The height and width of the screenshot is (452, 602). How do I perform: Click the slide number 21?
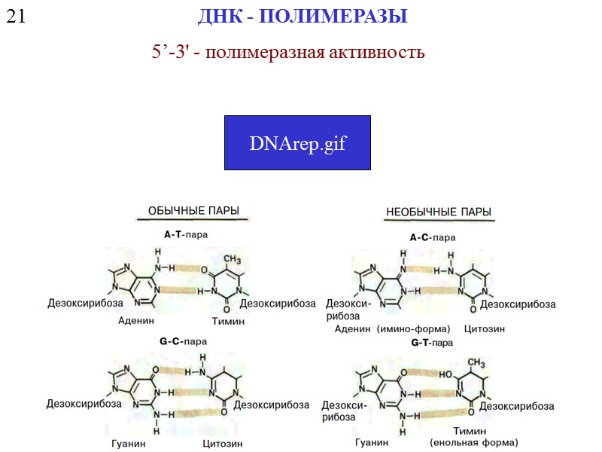coord(16,16)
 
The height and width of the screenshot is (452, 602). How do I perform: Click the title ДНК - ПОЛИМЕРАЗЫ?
coord(303,16)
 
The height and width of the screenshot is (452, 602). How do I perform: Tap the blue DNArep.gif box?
coord(297,142)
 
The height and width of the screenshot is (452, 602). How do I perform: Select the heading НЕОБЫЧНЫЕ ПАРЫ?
coord(439,212)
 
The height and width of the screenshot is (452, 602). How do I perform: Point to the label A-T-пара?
coord(186,234)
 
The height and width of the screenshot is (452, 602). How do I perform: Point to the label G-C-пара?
coord(183,341)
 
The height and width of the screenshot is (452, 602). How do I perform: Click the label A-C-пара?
coord(433,238)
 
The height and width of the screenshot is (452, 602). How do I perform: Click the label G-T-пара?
coord(432,343)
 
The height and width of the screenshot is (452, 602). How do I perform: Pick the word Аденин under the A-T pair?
coord(136,320)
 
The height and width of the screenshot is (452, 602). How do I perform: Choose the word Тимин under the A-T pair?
coord(228,321)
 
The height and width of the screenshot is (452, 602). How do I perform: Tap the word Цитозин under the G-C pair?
coord(223,444)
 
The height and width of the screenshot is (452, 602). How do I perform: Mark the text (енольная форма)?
coord(474,442)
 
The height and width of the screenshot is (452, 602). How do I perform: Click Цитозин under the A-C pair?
coord(485,329)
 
